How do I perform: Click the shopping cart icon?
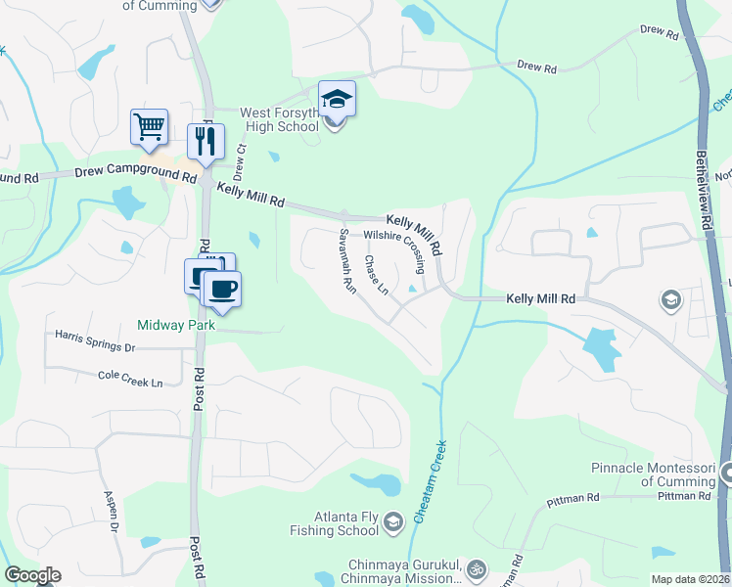(x=149, y=126)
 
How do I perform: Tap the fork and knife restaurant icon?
(x=206, y=141)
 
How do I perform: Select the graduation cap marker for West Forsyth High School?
(x=337, y=99)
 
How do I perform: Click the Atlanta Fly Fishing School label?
(x=333, y=524)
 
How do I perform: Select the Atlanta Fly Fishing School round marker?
(x=393, y=520)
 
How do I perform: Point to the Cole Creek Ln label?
(x=130, y=379)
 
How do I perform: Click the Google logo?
(x=32, y=575)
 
